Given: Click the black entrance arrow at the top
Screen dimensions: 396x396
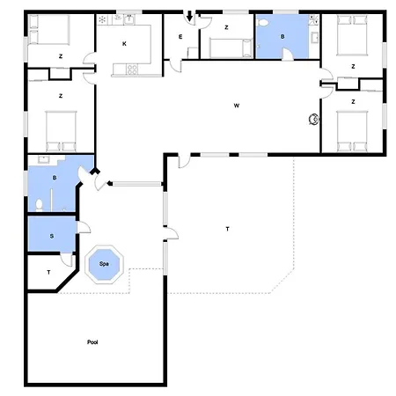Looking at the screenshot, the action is [x=190, y=16].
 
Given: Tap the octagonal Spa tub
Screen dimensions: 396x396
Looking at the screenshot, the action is [x=104, y=264].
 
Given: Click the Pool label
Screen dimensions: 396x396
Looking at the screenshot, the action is [x=92, y=342].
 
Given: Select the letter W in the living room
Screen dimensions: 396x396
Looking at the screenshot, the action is [x=237, y=106].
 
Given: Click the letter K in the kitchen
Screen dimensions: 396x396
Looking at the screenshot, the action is [x=124, y=44].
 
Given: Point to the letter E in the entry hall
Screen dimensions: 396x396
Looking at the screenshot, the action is [x=180, y=37].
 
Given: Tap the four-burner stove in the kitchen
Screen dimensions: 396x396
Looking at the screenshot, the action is [x=132, y=70].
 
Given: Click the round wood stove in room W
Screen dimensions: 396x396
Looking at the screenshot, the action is [x=314, y=119].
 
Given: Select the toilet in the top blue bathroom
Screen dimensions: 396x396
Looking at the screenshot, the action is [x=262, y=23].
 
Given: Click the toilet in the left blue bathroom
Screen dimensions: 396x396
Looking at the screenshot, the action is [x=39, y=205].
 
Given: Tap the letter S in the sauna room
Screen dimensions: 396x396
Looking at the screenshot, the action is [x=52, y=236].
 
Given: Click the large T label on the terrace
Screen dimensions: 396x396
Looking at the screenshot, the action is [x=227, y=229].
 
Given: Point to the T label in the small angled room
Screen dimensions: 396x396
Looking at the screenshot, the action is [x=48, y=272].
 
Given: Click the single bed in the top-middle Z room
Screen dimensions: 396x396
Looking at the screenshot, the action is [x=231, y=48].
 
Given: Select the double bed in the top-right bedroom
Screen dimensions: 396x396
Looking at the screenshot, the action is [x=352, y=35].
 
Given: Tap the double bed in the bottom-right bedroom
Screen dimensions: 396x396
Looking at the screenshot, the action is [x=352, y=131].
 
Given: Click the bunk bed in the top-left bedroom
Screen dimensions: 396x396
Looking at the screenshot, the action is [x=49, y=30].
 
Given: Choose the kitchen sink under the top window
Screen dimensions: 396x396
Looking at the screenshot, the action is [x=129, y=19].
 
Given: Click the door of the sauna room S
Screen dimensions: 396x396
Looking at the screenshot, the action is [x=83, y=227].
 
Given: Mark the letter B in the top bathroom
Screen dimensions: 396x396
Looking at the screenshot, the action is [x=282, y=37].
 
